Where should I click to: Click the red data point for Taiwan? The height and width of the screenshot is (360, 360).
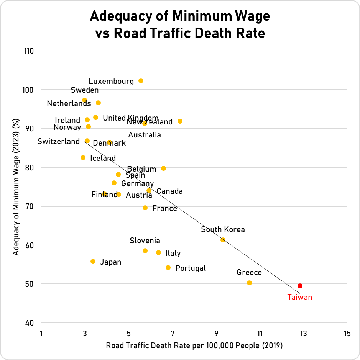pos(300,286)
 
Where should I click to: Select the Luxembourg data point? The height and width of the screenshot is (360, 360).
pos(141,81)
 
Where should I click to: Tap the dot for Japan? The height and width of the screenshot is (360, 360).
pos(93,262)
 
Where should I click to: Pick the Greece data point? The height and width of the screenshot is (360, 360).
pos(249,283)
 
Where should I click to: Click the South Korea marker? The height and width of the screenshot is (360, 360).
pos(223,240)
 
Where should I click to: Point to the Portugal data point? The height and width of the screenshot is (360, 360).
pos(168,268)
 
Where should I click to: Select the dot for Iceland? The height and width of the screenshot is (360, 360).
pos(83,158)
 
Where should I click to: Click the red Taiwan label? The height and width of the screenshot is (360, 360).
pos(299,297)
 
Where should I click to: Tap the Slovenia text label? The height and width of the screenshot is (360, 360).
pos(145,241)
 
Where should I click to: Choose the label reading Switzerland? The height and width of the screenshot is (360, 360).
pos(58,142)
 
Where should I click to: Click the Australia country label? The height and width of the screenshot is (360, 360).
pos(145,135)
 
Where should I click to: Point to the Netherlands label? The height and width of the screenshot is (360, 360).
pos(69,103)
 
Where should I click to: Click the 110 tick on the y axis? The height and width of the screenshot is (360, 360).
pos(29,51)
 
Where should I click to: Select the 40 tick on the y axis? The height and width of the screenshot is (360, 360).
pos(30,323)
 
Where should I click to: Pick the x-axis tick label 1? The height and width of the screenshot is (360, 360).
pos(41,334)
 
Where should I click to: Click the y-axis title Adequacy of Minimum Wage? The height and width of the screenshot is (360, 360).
pos(16,187)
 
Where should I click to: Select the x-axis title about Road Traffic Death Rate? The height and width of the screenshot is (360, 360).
pos(194,346)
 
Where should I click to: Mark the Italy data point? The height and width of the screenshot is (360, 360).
pos(158,253)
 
